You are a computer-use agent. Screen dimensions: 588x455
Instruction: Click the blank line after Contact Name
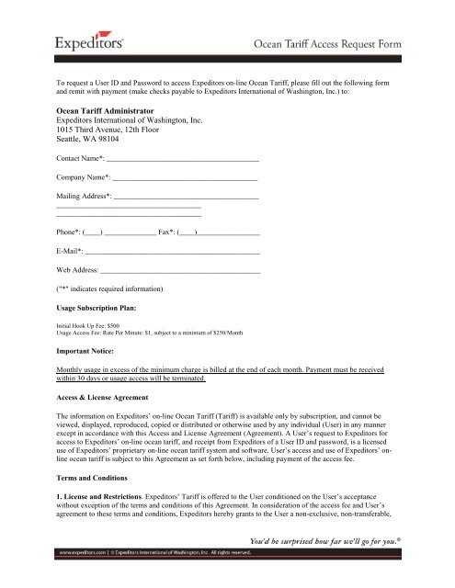tap(184, 161)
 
